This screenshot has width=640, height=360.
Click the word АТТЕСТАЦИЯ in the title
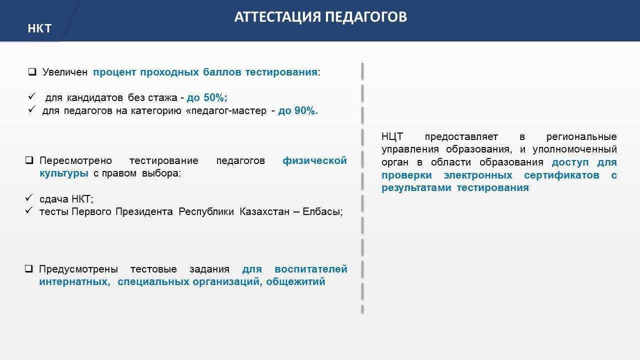tap(277, 17)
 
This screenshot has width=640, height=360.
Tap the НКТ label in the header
tap(39, 28)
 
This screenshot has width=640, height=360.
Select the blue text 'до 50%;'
tap(207, 97)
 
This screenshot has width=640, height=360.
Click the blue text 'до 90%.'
tap(297, 110)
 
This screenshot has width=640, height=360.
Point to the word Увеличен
tap(65, 72)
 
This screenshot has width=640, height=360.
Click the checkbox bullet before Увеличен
tap(32, 71)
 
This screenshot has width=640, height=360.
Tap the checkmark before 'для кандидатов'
tap(31, 96)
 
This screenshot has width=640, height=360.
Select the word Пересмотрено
tap(75, 161)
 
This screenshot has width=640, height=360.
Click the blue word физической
tap(314, 161)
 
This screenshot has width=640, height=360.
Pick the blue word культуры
tap(63, 173)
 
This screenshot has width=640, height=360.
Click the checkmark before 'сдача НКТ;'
tap(28, 197)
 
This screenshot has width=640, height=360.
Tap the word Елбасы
tap(321, 211)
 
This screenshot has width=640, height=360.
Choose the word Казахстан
tap(264, 211)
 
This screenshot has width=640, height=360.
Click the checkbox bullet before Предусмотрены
tap(28, 269)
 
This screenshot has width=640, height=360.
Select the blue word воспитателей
tap(311, 269)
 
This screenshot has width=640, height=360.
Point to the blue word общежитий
tap(295, 282)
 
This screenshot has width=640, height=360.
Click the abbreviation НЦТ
tap(392, 137)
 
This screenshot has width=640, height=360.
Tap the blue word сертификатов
tap(561, 175)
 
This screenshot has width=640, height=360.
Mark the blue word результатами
tap(416, 188)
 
